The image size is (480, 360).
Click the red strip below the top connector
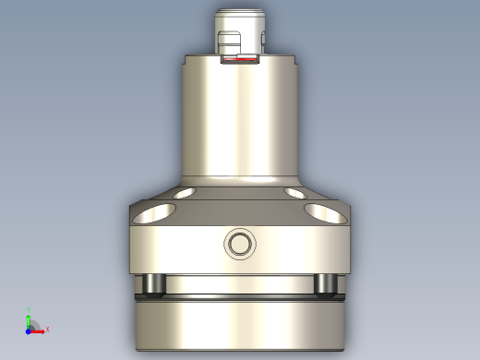(x=241, y=64)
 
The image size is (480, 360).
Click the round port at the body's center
(x=240, y=245)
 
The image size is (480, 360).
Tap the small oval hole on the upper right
(x=295, y=194)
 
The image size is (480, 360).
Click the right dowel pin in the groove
(x=325, y=284)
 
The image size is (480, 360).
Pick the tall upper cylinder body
(x=240, y=120)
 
